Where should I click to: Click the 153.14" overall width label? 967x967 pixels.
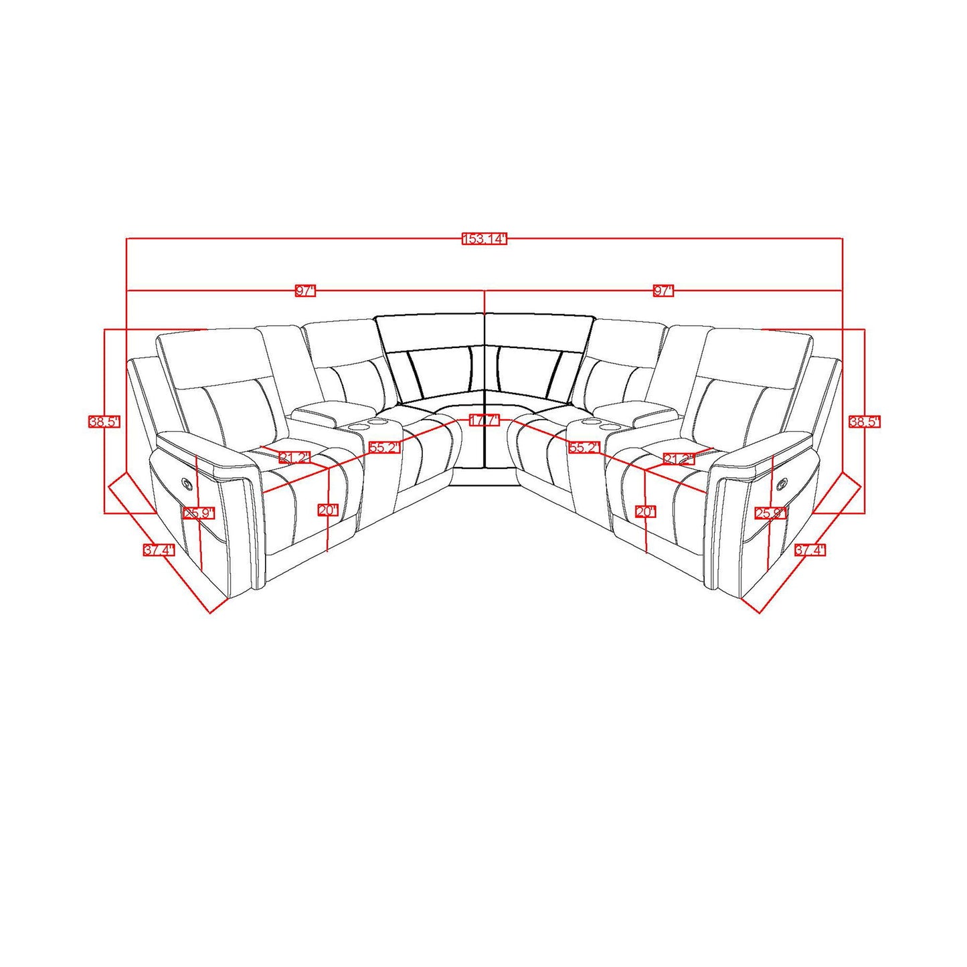[485, 239]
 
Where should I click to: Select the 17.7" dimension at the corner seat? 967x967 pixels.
[485, 420]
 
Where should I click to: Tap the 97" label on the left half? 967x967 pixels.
[305, 290]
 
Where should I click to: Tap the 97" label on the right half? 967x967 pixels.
[663, 290]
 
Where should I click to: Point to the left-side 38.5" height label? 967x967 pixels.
[104, 422]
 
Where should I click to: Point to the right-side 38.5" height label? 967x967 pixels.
[864, 422]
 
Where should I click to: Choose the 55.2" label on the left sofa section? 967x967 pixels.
[384, 448]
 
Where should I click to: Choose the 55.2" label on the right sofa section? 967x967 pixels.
[584, 448]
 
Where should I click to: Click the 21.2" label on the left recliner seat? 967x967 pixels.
[294, 458]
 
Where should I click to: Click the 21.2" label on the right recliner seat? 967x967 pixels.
[678, 458]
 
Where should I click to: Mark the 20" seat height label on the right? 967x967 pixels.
[646, 512]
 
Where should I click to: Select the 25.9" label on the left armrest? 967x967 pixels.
[199, 513]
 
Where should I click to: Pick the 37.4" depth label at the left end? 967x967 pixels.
[159, 550]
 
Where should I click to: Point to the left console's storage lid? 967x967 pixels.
[315, 410]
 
